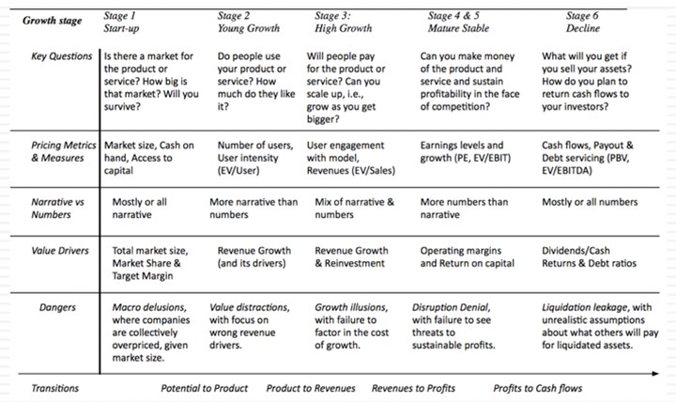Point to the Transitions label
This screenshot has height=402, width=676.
tap(55, 388)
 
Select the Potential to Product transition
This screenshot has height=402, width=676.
tap(205, 388)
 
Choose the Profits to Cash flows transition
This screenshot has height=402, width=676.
tap(538, 388)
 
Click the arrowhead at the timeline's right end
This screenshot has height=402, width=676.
tap(656, 375)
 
